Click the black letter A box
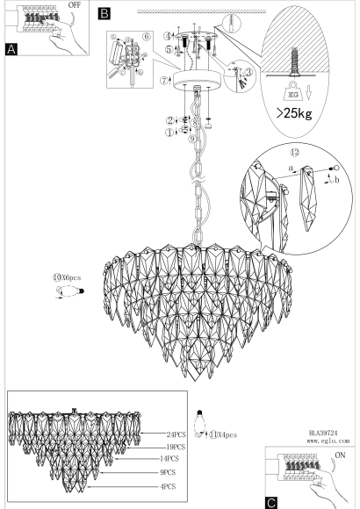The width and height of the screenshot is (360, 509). pyautogui.click(x=11, y=49)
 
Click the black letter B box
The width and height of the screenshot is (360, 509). pyautogui.click(x=104, y=14)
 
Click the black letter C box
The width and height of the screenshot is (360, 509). pyautogui.click(x=271, y=503)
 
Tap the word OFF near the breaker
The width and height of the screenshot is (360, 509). pyautogui.click(x=75, y=5)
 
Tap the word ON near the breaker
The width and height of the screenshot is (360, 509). pyautogui.click(x=340, y=455)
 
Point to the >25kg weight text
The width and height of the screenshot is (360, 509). pyautogui.click(x=294, y=113)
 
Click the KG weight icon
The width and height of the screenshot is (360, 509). pyautogui.click(x=293, y=92)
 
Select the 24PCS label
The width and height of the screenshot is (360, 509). pyautogui.click(x=176, y=434)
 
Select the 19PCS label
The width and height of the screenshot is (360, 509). pyautogui.click(x=176, y=447)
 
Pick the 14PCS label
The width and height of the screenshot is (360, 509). pyautogui.click(x=169, y=459)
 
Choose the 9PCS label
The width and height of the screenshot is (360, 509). pyautogui.click(x=168, y=472)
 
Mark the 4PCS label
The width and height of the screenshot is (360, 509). pyautogui.click(x=168, y=486)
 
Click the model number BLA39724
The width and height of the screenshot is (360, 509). pyautogui.click(x=323, y=433)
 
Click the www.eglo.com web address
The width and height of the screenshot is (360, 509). pyautogui.click(x=328, y=441)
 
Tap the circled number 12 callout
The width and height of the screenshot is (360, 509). pyautogui.click(x=295, y=152)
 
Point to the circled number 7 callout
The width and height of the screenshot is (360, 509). pyautogui.click(x=164, y=80)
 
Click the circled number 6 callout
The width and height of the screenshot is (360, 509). pyautogui.click(x=147, y=36)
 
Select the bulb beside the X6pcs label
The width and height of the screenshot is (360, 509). pyautogui.click(x=70, y=291)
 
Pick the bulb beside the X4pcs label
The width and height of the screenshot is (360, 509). pyautogui.click(x=199, y=424)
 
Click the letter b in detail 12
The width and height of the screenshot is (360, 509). pyautogui.click(x=337, y=180)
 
